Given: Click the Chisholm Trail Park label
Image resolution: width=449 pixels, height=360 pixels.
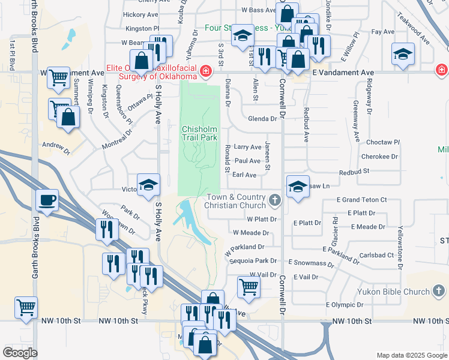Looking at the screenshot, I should click(x=199, y=133).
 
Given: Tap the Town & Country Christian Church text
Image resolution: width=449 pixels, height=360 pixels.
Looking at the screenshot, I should click(x=235, y=201).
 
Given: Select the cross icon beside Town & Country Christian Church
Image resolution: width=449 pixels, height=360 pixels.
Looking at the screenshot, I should click(x=275, y=200).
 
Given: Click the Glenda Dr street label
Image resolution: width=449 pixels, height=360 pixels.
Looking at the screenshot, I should click(x=262, y=119).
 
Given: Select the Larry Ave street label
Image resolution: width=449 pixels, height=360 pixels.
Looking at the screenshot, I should click(x=247, y=147).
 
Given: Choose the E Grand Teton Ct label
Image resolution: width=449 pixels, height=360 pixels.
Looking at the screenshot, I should click(x=361, y=199).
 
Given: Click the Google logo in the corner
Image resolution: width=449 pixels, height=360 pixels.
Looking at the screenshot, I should click(x=20, y=353).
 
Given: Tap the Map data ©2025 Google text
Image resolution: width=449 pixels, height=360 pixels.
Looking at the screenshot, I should click(x=411, y=355).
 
